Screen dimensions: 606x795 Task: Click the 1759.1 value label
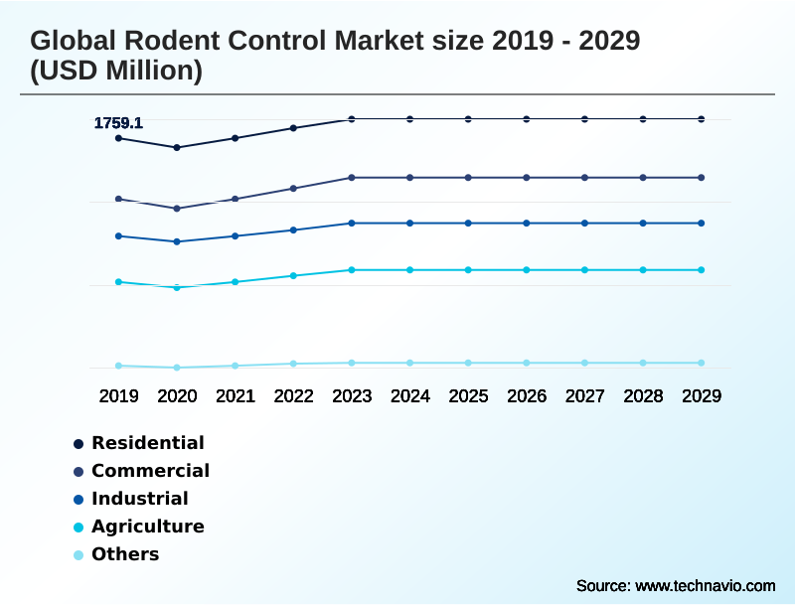[x=118, y=123]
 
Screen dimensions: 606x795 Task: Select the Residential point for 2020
[x=177, y=147]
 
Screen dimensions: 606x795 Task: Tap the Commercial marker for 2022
[x=293, y=188]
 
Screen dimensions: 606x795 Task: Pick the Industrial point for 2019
[x=118, y=235]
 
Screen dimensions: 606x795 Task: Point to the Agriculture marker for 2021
[x=236, y=282]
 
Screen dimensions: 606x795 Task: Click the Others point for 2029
[x=702, y=363]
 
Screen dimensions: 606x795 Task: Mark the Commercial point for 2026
[x=527, y=178]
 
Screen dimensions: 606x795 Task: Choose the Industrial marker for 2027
[x=584, y=224]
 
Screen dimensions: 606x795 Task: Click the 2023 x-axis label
[x=352, y=395]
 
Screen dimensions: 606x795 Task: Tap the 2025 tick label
[x=468, y=395]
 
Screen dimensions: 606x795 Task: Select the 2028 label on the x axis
[x=643, y=395]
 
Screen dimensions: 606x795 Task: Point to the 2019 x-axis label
[x=118, y=395]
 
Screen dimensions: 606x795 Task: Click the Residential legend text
[x=148, y=443]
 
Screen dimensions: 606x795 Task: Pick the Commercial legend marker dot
[x=78, y=472]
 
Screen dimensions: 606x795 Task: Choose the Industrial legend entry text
[x=139, y=499]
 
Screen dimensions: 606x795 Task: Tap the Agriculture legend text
[x=148, y=527]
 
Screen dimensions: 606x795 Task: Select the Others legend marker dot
[x=78, y=555]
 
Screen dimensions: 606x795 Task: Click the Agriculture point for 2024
[x=410, y=270]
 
